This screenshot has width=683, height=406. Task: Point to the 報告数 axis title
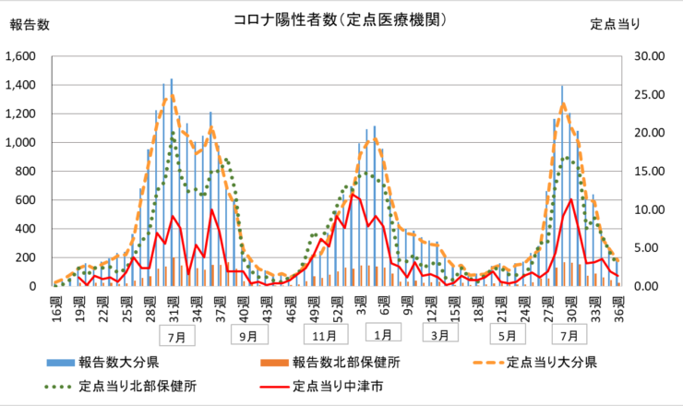click(30, 25)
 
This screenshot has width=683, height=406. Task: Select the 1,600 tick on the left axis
click(20, 56)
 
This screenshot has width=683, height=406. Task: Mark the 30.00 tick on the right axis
click(652, 56)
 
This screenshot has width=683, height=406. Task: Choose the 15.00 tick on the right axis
click(652, 171)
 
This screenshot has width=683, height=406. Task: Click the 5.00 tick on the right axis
click(653, 247)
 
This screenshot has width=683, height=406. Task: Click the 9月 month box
click(248, 336)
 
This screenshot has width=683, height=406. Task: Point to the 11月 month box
click(324, 336)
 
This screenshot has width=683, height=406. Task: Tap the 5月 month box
click(508, 336)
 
